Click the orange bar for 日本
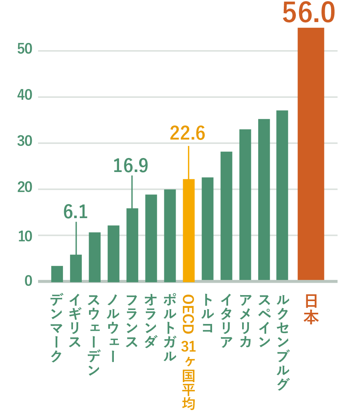click(x=311, y=154)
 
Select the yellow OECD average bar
click(x=188, y=231)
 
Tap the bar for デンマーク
click(x=57, y=274)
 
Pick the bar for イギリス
click(x=76, y=268)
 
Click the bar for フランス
click(x=132, y=245)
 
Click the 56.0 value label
click(x=309, y=13)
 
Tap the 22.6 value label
click(x=187, y=133)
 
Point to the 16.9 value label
click(x=131, y=166)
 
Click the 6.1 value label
click(x=75, y=212)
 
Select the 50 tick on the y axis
click(x=25, y=49)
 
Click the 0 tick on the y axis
click(x=28, y=281)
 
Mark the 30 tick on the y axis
click(x=25, y=142)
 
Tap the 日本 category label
click(x=311, y=309)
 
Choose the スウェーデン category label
click(x=94, y=335)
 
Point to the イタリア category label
click(x=226, y=321)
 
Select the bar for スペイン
click(x=264, y=200)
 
